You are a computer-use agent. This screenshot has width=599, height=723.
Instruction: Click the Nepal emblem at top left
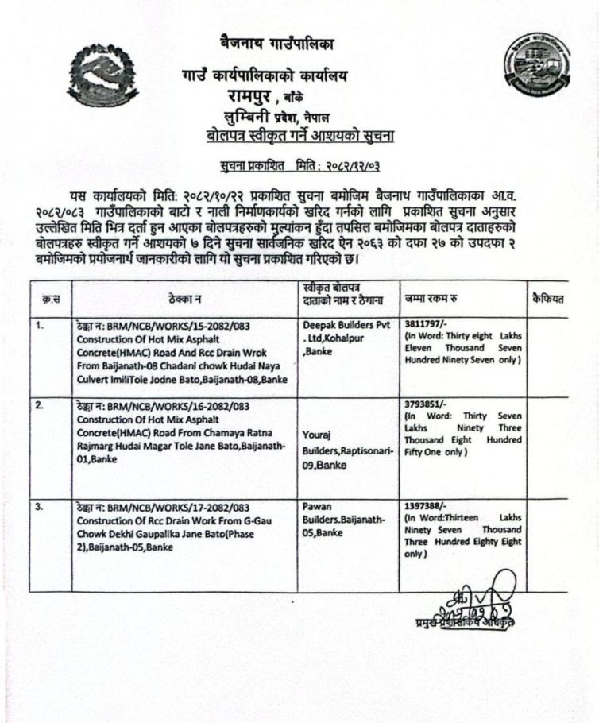tap(102, 77)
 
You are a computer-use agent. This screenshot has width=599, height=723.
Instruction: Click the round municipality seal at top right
tap(537, 68)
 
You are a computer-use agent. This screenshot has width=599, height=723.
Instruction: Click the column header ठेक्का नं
tap(184, 299)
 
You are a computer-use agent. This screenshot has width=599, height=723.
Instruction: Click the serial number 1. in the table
tap(40, 324)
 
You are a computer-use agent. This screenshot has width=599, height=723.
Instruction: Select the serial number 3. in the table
tap(40, 506)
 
